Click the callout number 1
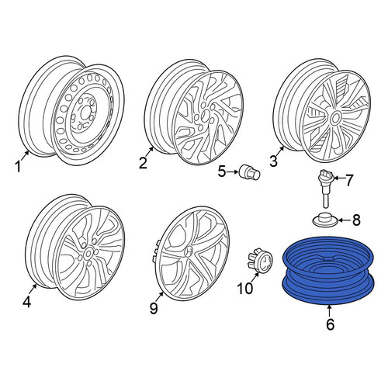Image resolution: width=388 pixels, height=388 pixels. pos(18,166)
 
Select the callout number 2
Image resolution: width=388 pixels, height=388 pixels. pos(143,163)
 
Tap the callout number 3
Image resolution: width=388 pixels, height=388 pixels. pos(273,161)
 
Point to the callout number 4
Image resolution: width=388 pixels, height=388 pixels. pos(27,302)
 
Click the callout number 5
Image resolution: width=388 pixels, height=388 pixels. pos(222,171)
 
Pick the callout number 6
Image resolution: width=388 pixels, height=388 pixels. pos(331,324)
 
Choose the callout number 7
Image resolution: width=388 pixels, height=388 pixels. pos(349,180)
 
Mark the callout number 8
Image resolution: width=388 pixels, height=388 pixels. pos(356,220)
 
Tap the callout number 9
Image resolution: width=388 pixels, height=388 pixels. pos(154,308)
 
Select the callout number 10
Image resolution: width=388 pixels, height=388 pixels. pos(244,288)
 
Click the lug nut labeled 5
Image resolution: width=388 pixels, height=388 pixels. pos(250,172)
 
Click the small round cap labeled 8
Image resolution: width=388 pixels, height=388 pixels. pos(325,220)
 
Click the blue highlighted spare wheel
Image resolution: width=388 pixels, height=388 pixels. pos(328,270)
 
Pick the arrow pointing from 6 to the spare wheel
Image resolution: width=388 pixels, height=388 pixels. pos(329,311)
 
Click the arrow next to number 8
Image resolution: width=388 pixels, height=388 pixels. pos(344,220)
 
